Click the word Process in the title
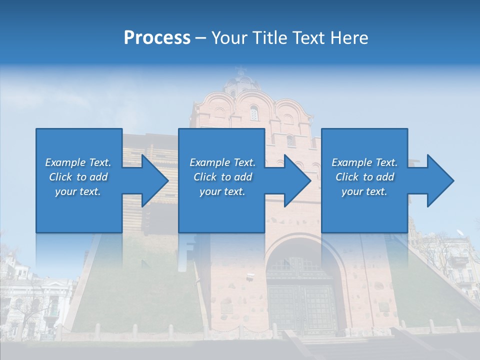pyautogui.click(x=157, y=38)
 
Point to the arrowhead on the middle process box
pyautogui.click(x=297, y=180)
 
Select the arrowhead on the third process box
pyautogui.click(x=440, y=180)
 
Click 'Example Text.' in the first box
pyautogui.click(x=78, y=162)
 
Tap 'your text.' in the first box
pyautogui.click(x=78, y=191)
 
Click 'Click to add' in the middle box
pyautogui.click(x=222, y=177)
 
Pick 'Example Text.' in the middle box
pyautogui.click(x=222, y=162)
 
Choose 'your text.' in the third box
pyautogui.click(x=364, y=191)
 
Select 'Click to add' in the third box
pyautogui.click(x=364, y=177)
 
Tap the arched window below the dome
pyautogui.click(x=254, y=113)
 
